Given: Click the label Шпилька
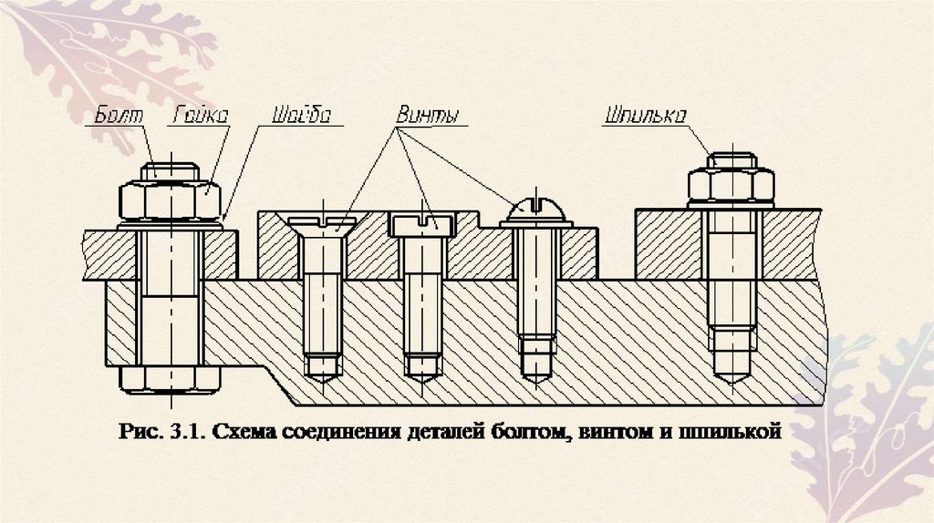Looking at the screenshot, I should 644,116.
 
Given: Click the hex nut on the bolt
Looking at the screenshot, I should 171,199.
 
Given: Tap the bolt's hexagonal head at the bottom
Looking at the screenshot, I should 171,379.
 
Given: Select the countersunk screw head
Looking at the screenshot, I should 322,223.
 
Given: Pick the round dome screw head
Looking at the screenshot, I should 536,211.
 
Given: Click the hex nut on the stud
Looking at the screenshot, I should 732,186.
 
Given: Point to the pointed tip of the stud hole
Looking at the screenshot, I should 732,375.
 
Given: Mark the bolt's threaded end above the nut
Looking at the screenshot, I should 171,169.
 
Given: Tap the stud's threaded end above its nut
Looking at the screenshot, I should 732,159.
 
